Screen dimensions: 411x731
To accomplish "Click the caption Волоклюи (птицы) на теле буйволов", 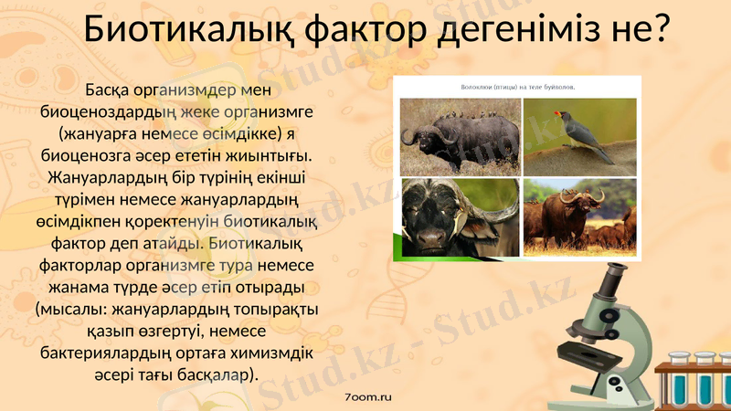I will pyautogui.click(x=518, y=88).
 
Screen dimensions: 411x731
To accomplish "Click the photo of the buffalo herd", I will pyautogui.click(x=579, y=216).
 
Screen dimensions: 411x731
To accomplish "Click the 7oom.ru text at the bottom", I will pyautogui.click(x=368, y=397).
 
